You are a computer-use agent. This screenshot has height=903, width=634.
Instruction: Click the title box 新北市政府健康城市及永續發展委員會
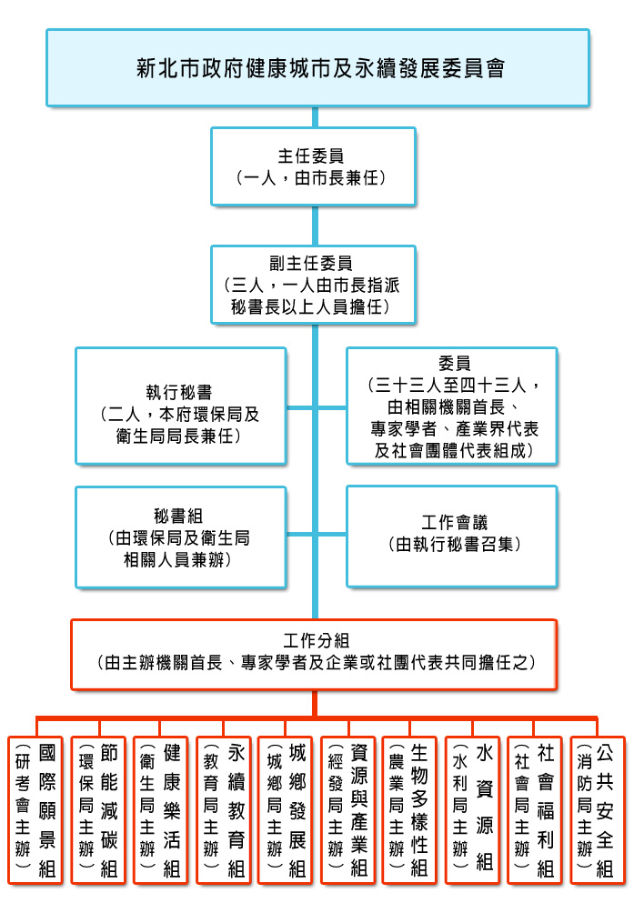click(317, 67)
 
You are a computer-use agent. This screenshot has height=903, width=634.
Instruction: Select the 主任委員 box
click(313, 166)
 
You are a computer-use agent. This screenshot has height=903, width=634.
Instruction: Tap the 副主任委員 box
click(313, 285)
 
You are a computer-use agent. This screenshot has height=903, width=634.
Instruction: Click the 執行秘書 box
click(180, 406)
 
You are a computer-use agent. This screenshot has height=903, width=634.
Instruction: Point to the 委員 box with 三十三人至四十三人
click(452, 406)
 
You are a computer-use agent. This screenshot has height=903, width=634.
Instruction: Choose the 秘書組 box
click(180, 537)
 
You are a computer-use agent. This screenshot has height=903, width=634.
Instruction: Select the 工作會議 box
click(452, 537)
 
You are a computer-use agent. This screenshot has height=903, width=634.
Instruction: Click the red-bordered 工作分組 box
click(314, 652)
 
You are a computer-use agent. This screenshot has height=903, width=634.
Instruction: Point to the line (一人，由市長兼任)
click(313, 176)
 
